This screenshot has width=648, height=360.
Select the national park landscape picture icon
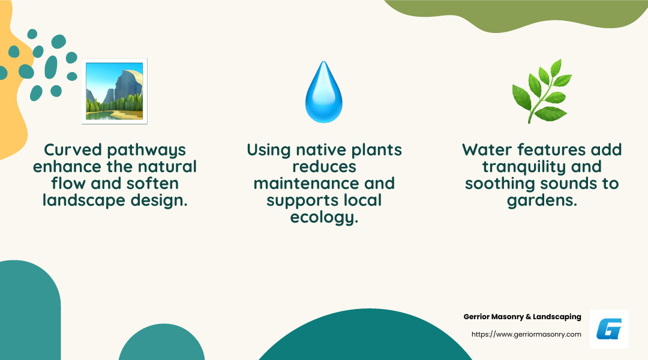(x=114, y=91)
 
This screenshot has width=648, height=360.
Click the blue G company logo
(x=609, y=329)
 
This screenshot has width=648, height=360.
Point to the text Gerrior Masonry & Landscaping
(x=522, y=317)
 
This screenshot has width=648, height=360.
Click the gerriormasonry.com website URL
(x=526, y=334)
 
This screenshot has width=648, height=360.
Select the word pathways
(x=146, y=151)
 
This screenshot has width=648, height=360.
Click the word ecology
(x=324, y=217)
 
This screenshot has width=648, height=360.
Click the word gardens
(x=542, y=200)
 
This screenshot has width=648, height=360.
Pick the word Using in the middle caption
(x=268, y=150)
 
